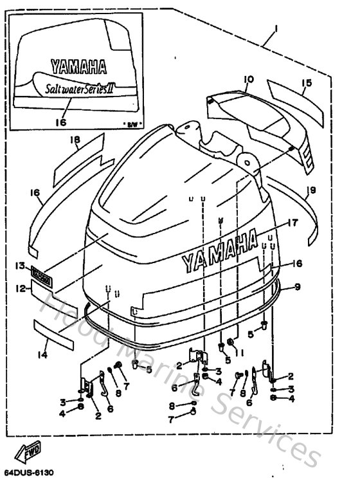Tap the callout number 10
(249, 79)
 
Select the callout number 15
(307, 83)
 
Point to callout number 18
(75, 140)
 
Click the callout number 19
(310, 190)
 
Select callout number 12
(22, 289)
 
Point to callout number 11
(239, 352)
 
